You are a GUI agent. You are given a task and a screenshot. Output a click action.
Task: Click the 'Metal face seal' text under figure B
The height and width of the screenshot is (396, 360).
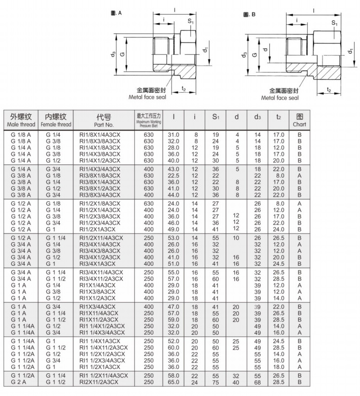click(280, 98)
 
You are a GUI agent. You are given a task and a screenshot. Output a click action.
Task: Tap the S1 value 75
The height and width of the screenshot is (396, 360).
click(215, 382)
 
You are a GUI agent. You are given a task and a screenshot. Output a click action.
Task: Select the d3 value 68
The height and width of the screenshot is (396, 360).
click(257, 382)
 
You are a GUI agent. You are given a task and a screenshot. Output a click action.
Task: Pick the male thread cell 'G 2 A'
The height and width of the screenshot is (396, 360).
click(19, 382)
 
